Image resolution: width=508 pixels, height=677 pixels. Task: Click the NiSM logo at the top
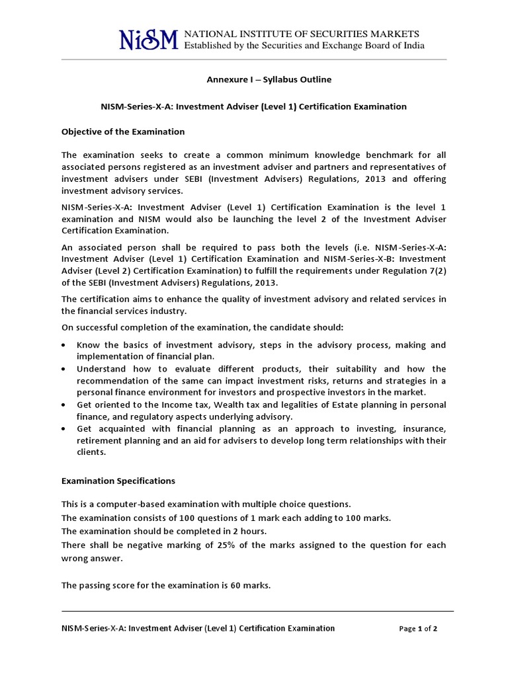click(x=148, y=40)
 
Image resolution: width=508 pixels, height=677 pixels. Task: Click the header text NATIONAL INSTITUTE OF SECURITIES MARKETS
click(x=301, y=34)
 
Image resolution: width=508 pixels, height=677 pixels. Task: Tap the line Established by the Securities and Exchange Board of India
click(x=304, y=46)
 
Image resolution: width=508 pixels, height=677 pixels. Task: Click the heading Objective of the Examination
click(x=123, y=132)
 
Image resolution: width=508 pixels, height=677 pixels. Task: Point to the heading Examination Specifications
click(x=118, y=481)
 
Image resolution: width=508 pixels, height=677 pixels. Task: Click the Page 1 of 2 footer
click(x=418, y=629)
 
